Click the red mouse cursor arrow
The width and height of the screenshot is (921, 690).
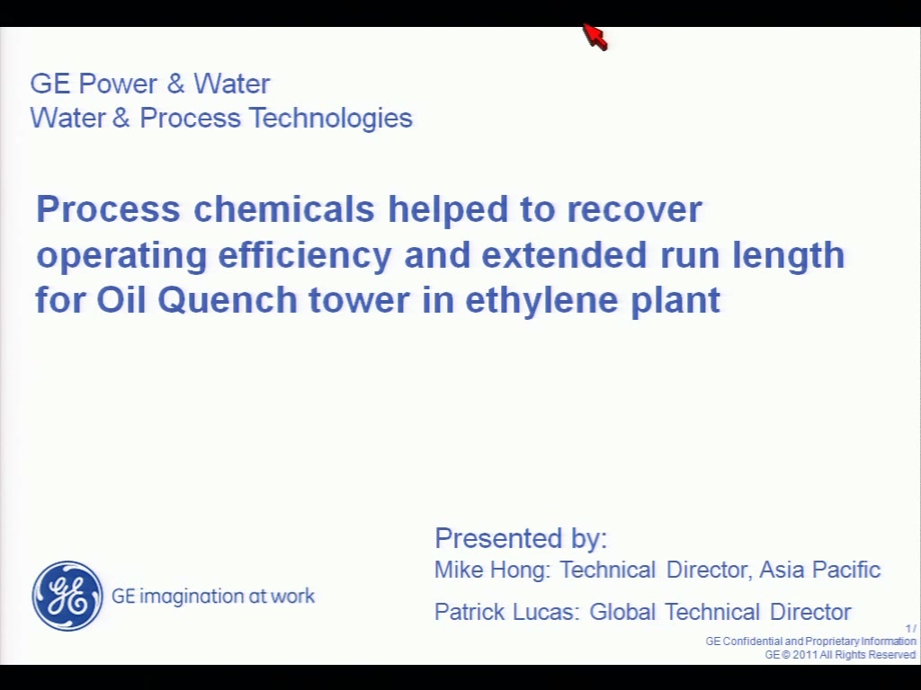click(x=595, y=37)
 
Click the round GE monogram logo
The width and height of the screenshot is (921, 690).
click(x=67, y=596)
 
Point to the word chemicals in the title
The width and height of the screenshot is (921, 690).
click(x=283, y=208)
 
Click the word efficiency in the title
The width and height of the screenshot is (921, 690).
click(x=304, y=256)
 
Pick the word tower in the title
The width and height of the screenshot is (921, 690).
click(x=359, y=300)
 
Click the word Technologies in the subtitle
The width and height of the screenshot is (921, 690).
click(x=331, y=119)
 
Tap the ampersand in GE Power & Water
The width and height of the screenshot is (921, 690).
click(x=175, y=84)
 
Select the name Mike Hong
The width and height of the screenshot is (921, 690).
click(x=490, y=570)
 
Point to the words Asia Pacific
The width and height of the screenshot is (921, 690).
click(x=819, y=570)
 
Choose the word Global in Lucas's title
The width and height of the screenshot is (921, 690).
click(x=622, y=612)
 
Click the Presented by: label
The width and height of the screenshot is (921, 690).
click(x=521, y=538)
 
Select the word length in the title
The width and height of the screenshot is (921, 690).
click(x=788, y=256)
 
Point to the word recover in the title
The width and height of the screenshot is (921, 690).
click(x=634, y=208)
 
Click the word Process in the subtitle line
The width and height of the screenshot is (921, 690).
click(x=191, y=119)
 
